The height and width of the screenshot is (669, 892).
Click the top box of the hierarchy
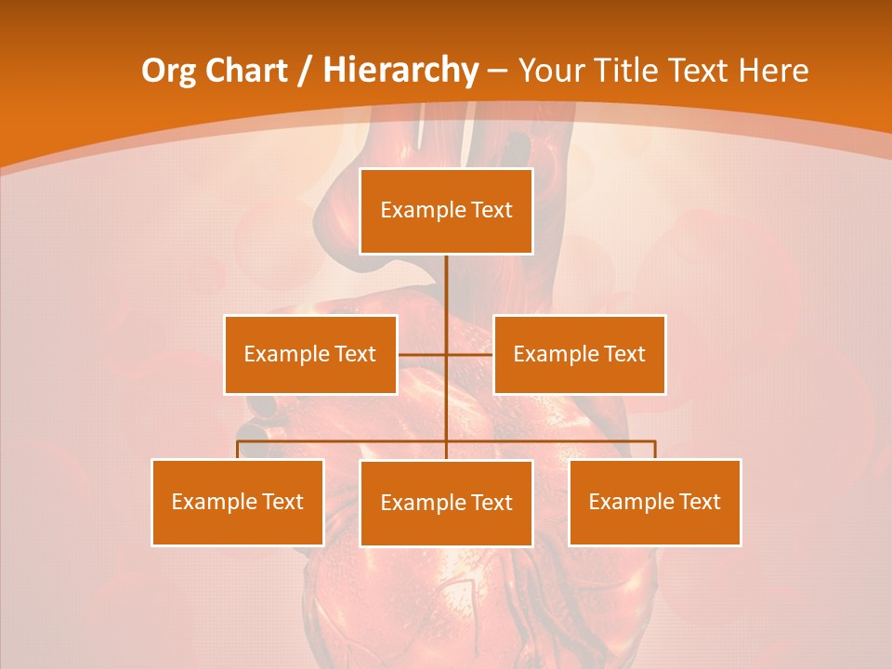pyautogui.click(x=446, y=211)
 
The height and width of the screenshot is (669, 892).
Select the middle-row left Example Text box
pyautogui.click(x=310, y=354)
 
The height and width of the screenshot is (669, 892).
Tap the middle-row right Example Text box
pyautogui.click(x=579, y=354)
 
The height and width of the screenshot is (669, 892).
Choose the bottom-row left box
pyautogui.click(x=238, y=502)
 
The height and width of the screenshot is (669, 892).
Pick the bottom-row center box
pyautogui.click(x=446, y=503)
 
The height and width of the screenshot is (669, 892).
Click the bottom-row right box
pyautogui.click(x=654, y=502)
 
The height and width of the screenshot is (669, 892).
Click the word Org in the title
pyautogui.click(x=167, y=71)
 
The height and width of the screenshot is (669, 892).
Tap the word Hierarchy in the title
pyautogui.click(x=400, y=71)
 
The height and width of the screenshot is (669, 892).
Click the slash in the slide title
pyautogui.click(x=304, y=71)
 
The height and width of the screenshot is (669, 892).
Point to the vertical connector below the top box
pyautogui.click(x=446, y=297)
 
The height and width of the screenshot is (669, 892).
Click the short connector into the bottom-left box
pyautogui.click(x=238, y=450)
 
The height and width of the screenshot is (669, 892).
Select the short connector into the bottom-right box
pyautogui.click(x=654, y=450)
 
